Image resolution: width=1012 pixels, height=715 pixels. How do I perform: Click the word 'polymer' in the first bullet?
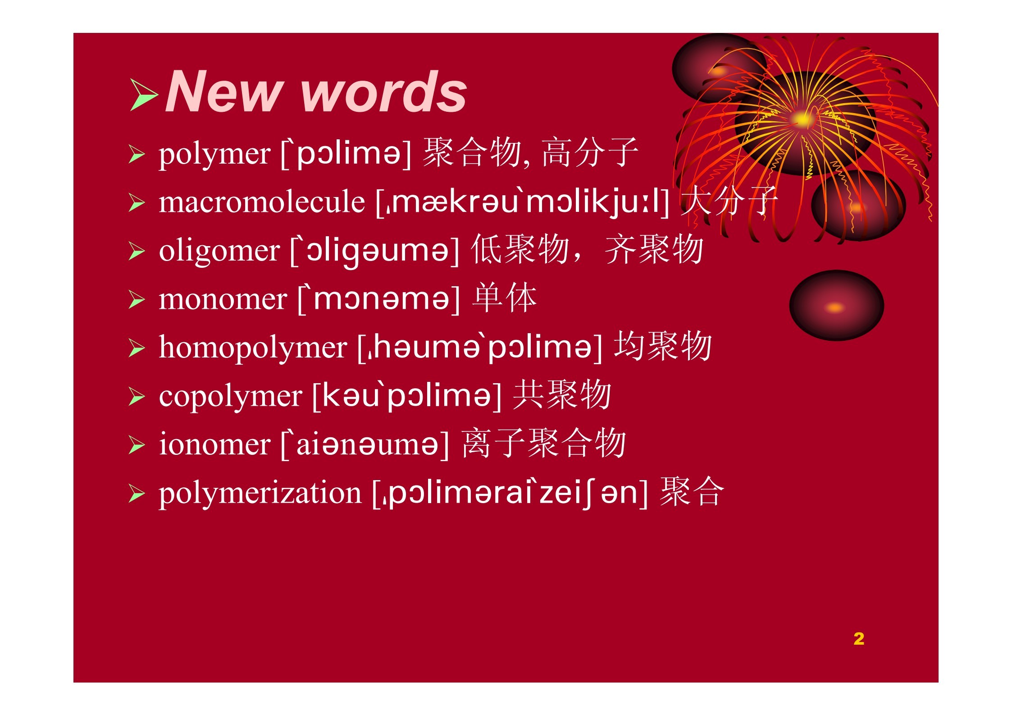pos(214,155)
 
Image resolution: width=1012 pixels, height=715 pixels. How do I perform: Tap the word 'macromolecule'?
pos(262,202)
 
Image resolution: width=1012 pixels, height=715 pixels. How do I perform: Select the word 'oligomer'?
pos(219,252)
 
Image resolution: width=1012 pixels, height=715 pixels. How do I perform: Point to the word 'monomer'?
pos(223,299)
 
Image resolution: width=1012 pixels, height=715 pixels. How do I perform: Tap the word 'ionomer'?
pos(214,445)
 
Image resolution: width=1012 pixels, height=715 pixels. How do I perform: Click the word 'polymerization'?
pos(260,493)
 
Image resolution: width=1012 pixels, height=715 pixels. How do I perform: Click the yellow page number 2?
pos(859,638)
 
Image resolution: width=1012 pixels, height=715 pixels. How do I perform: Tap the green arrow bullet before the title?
pos(144,95)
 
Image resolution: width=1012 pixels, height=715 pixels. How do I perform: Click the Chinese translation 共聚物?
pos(562,394)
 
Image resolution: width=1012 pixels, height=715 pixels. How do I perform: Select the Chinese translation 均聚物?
pos(662,346)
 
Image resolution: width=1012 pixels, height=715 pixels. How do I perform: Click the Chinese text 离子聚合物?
pos(544,443)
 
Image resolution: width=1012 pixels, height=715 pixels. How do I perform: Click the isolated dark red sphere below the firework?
pos(836,306)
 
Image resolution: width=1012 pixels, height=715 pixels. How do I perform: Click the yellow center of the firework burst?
pos(802,119)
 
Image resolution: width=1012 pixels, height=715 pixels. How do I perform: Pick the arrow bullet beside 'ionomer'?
pos(137,445)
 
